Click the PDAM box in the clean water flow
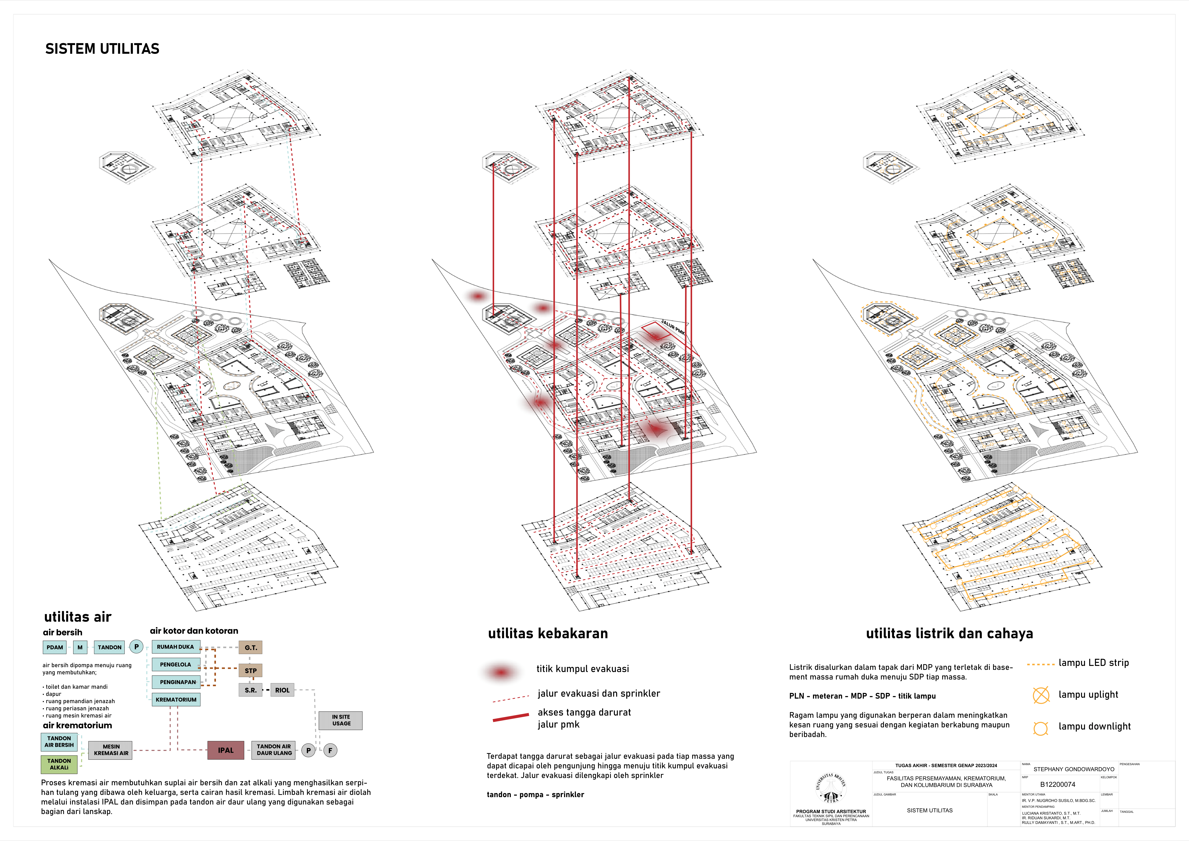tap(54, 647)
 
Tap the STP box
tap(251, 671)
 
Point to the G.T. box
tap(251, 647)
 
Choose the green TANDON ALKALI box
tap(59, 764)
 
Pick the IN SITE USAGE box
tap(341, 720)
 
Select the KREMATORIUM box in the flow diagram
tap(176, 700)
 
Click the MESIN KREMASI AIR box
tap(111, 750)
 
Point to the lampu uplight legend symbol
tap(1041, 695)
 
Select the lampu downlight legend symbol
tap(1040, 728)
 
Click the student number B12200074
tap(1057, 785)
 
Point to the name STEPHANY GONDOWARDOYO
tap(1074, 769)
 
